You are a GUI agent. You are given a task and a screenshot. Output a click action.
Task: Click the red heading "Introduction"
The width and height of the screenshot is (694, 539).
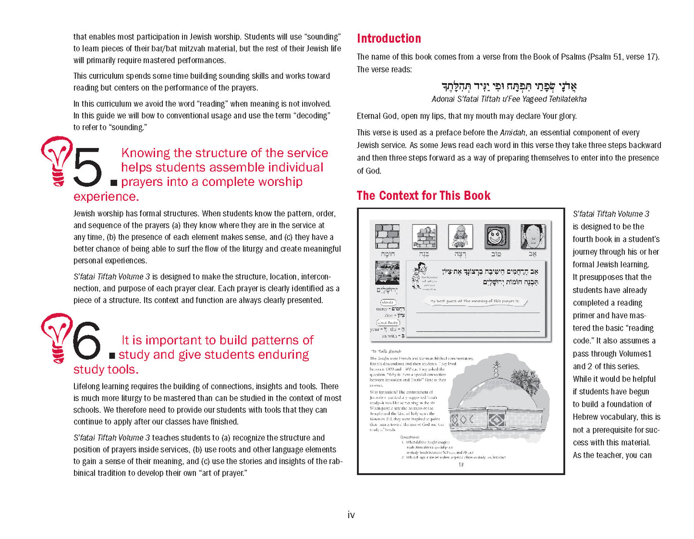389,38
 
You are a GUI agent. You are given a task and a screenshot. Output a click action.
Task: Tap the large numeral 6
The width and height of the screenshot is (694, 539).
86,341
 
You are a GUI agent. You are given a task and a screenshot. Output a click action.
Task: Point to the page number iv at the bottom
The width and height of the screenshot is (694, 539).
351,515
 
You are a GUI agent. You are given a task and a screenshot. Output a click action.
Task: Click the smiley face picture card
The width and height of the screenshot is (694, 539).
496,237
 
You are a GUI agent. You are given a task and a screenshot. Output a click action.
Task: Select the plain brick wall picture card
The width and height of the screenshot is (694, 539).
387,236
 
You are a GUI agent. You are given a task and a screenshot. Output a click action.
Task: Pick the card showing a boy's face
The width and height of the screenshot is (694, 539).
533,236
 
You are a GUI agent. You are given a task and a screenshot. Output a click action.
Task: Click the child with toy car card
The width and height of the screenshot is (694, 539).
460,236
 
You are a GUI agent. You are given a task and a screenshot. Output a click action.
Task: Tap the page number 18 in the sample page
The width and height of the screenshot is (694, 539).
461,465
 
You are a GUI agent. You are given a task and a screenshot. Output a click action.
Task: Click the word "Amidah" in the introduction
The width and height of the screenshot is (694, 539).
512,133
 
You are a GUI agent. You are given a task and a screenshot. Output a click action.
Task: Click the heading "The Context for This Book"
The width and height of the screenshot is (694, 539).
423,196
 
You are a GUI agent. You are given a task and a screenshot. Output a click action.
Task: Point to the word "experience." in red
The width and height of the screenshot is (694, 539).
106,196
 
